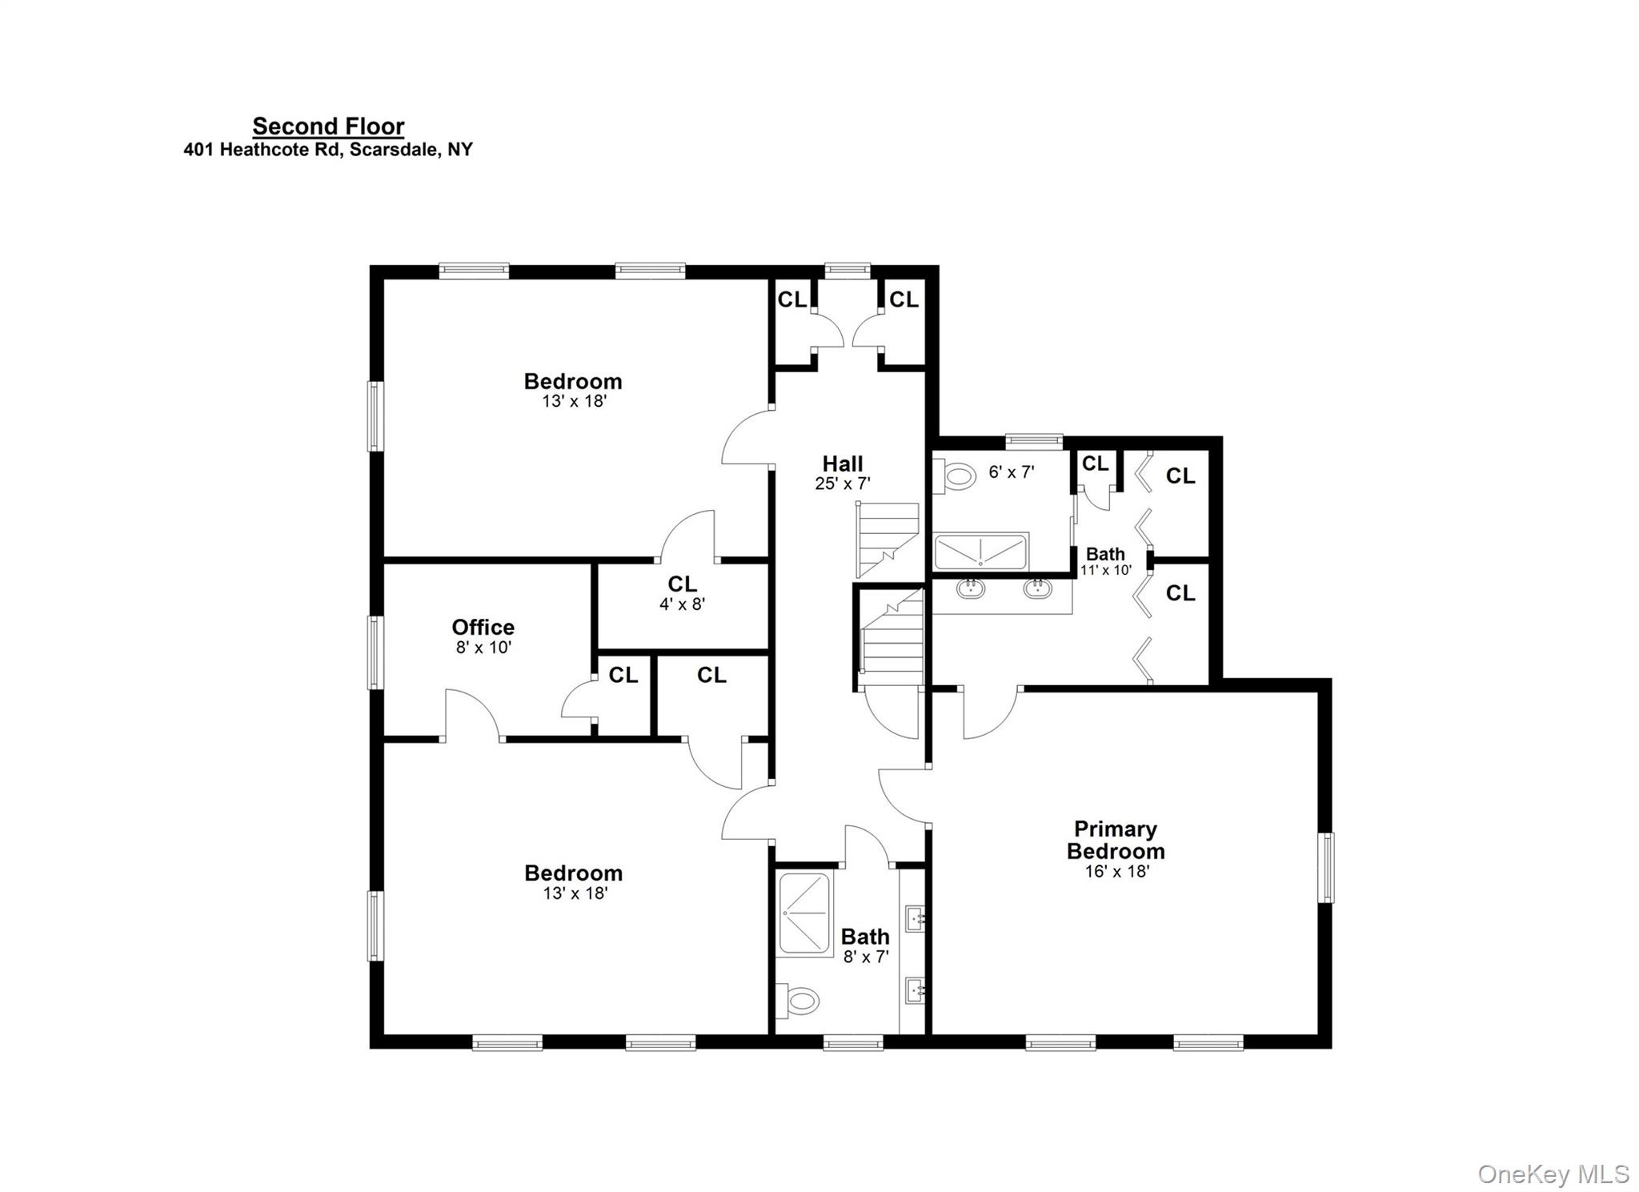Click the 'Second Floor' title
tap(328, 126)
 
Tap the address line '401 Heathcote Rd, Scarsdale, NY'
tap(328, 150)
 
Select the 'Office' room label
tap(483, 627)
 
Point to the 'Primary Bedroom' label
tap(1116, 840)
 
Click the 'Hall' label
tap(843, 464)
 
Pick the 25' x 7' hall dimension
tap(843, 484)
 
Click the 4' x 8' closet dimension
tap(682, 604)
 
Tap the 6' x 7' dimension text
tap(1012, 472)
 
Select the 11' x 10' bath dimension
tap(1106, 571)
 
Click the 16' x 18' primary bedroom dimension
tap(1117, 872)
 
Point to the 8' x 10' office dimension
tap(483, 648)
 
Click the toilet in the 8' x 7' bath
tap(800, 1001)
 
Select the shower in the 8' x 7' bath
tap(804, 913)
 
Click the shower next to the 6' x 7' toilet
tap(980, 552)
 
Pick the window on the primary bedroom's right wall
tap(1326, 868)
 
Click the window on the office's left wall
tap(375, 652)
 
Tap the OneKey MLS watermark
tap(1553, 1174)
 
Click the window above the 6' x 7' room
tap(1034, 439)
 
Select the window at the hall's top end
tap(848, 270)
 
